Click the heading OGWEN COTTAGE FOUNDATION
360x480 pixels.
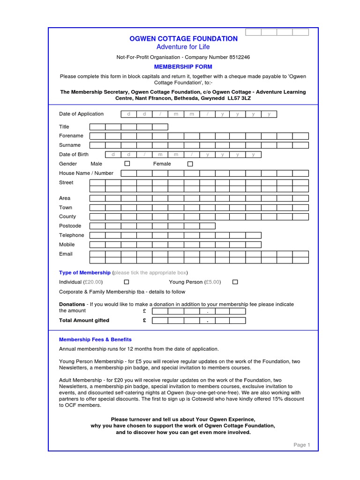coord(183,39)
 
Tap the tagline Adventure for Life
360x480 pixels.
coord(183,47)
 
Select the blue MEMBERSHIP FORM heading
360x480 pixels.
coord(183,67)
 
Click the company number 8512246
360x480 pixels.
coord(240,57)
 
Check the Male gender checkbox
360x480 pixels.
coord(127,164)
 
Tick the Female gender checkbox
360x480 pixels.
coord(190,164)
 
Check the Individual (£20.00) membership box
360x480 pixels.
coord(126,282)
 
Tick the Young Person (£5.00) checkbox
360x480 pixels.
coord(235,282)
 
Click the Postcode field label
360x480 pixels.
coord(70,226)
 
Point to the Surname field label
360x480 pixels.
coord(70,145)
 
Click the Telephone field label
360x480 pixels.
coord(72,235)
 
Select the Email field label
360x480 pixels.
coord(66,254)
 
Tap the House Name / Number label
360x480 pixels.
coord(86,173)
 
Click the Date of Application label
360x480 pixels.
coord(81,114)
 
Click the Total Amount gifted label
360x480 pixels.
coord(84,321)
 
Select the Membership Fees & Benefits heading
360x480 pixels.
coord(95,339)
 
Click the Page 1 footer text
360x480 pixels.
coord(302,445)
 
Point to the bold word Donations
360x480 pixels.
coord(72,304)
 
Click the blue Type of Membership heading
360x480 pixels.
coord(85,272)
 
